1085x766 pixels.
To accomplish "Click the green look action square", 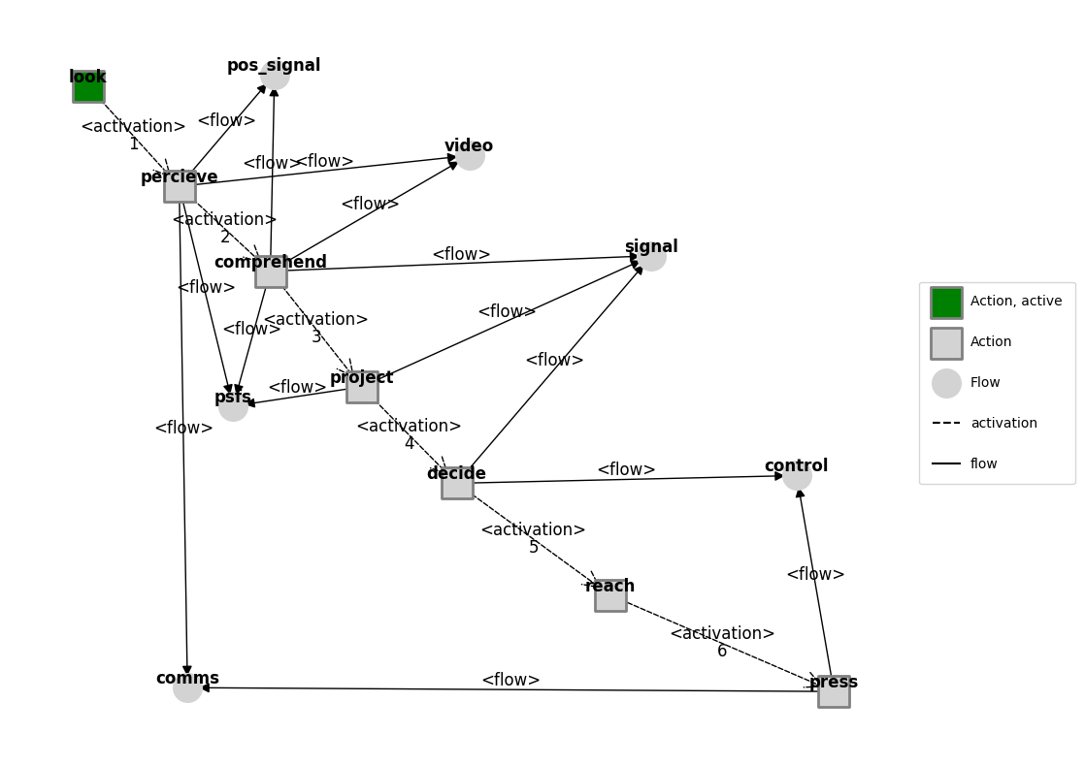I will click(x=88, y=86).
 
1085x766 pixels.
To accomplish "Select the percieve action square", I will click(x=180, y=186).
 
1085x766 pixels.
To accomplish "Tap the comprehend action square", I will click(x=271, y=271).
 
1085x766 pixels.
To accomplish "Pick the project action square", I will click(x=362, y=387).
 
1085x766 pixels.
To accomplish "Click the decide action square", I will click(x=457, y=483).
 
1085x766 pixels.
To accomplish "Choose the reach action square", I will click(x=610, y=595).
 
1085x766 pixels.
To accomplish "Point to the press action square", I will click(x=834, y=691).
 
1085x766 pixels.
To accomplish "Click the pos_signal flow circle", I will click(x=275, y=76).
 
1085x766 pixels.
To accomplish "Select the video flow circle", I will click(x=470, y=156).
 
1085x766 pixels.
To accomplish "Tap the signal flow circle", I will click(x=651, y=257).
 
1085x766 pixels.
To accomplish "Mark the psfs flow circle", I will click(x=233, y=407).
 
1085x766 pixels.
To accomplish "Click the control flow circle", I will click(x=797, y=476).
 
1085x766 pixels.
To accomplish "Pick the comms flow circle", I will click(x=187, y=688).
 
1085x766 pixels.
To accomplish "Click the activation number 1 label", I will click(x=134, y=144).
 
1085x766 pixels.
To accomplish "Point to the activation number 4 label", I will click(x=410, y=444).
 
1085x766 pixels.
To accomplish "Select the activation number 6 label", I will click(x=722, y=652).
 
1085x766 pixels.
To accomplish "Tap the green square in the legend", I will click(x=946, y=303).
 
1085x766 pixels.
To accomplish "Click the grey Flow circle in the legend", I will click(x=946, y=383).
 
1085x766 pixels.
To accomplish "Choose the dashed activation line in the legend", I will click(x=946, y=424).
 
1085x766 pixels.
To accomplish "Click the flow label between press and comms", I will click(x=510, y=681).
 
